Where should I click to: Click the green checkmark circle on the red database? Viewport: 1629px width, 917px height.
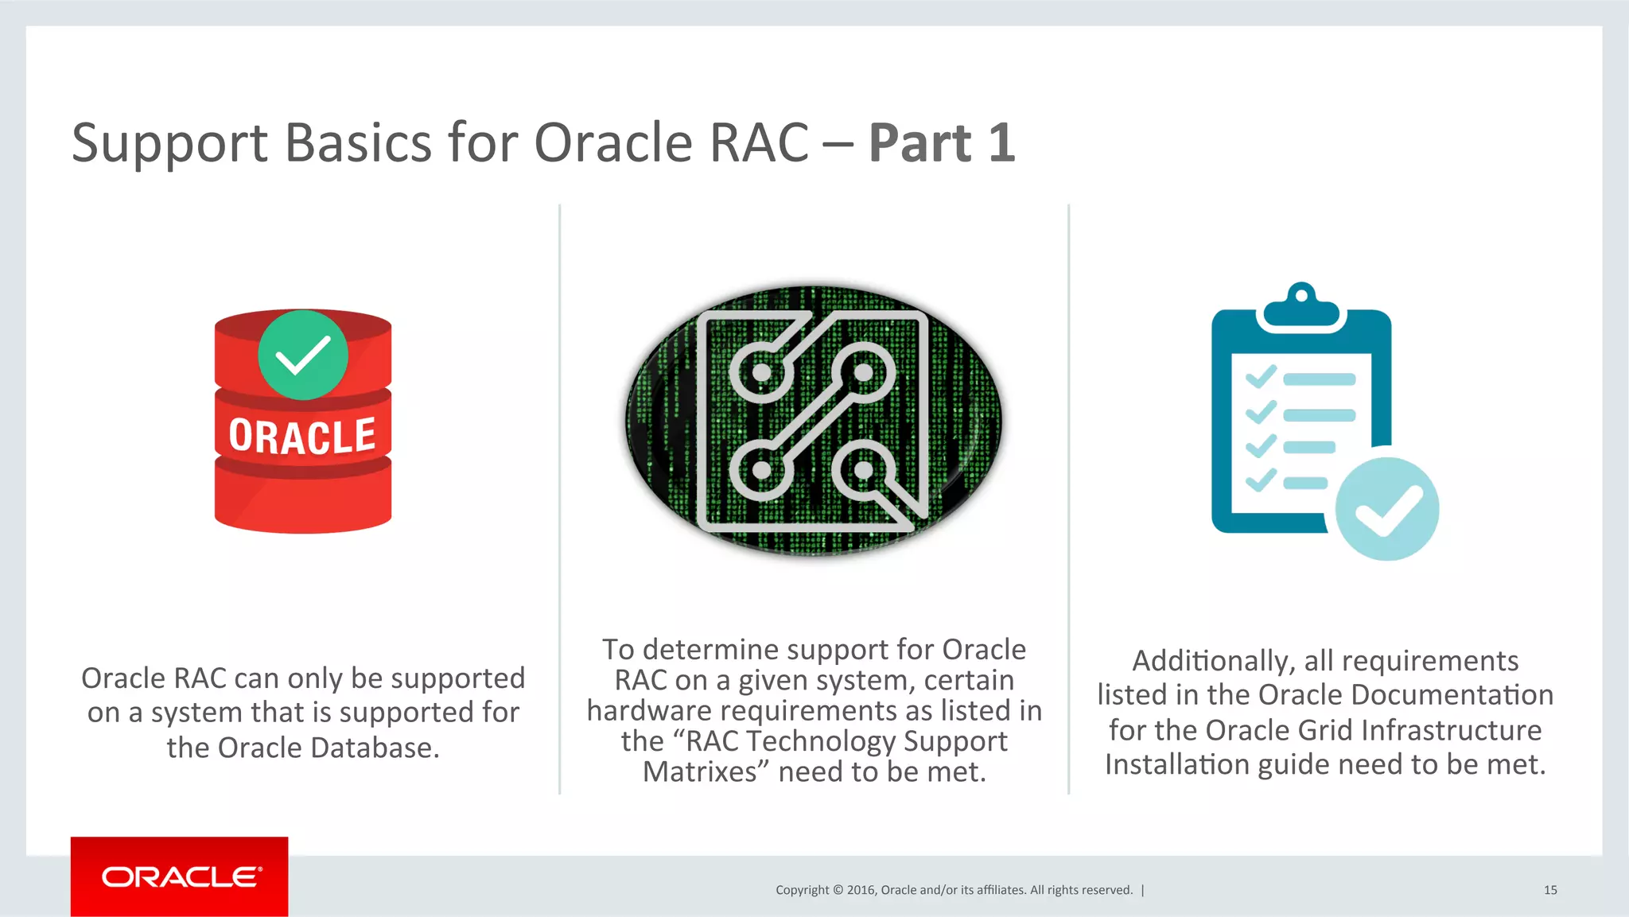coord(303,355)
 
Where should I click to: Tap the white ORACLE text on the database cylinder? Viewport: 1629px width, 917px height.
coord(302,437)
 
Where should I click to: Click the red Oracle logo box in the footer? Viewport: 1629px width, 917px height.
coord(179,876)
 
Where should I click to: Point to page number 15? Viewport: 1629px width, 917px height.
coord(1549,890)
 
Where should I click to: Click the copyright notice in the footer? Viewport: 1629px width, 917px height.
coord(954,890)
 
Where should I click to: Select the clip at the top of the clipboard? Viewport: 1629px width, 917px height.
coord(1300,306)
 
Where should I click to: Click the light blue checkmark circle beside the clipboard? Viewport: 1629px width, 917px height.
coord(1387,509)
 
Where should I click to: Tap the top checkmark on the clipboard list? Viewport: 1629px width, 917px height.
coord(1261,377)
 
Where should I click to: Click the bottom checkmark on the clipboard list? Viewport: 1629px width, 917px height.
coord(1261,480)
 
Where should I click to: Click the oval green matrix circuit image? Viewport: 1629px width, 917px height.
coord(814,421)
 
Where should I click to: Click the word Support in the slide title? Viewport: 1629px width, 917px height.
coord(170,143)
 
